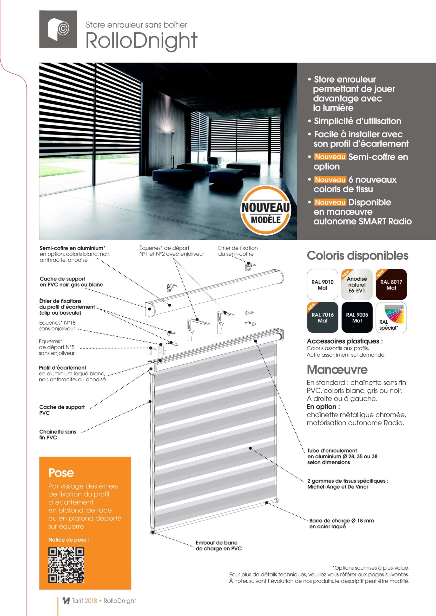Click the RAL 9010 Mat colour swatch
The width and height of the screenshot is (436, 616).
click(x=322, y=284)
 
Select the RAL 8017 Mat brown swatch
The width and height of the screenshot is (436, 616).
click(x=391, y=284)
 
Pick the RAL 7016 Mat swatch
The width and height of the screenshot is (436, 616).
click(x=322, y=317)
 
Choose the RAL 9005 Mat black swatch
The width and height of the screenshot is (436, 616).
click(x=357, y=317)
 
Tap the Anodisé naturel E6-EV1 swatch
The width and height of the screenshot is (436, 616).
click(x=357, y=284)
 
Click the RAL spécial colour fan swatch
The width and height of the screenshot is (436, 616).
click(x=391, y=317)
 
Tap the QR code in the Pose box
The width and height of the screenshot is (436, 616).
click(x=66, y=565)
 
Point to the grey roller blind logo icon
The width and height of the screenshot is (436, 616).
click(x=58, y=29)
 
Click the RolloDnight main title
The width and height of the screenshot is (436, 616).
click(x=142, y=41)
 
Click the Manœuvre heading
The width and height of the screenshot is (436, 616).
click(x=337, y=369)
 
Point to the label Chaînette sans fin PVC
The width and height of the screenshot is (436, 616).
click(x=58, y=434)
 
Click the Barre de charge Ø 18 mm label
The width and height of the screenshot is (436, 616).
click(x=341, y=523)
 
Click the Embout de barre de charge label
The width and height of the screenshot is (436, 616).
click(x=218, y=546)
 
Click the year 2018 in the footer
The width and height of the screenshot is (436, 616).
click(x=91, y=601)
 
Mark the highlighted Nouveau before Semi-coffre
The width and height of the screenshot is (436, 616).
click(x=330, y=156)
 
